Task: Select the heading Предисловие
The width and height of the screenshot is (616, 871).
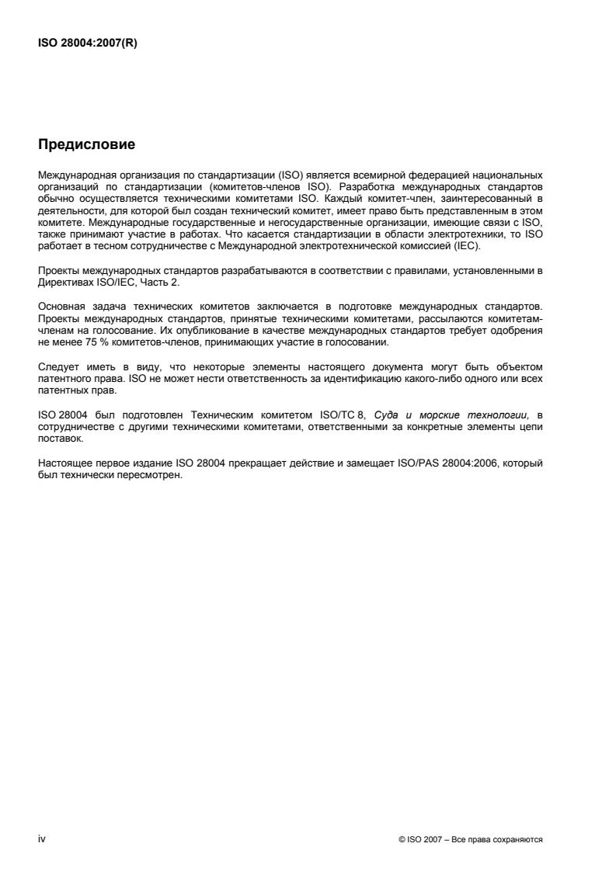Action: [86, 144]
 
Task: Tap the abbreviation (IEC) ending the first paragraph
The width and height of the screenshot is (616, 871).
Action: [469, 246]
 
